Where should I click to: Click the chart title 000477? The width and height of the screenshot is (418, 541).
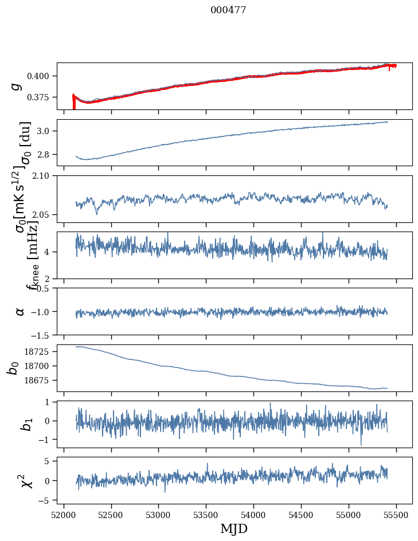tap(228, 10)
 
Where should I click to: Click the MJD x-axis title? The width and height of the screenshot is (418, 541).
tap(234, 528)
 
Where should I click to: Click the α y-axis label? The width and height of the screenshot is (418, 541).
tap(20, 311)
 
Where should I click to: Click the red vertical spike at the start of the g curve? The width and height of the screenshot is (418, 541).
tap(74, 102)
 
